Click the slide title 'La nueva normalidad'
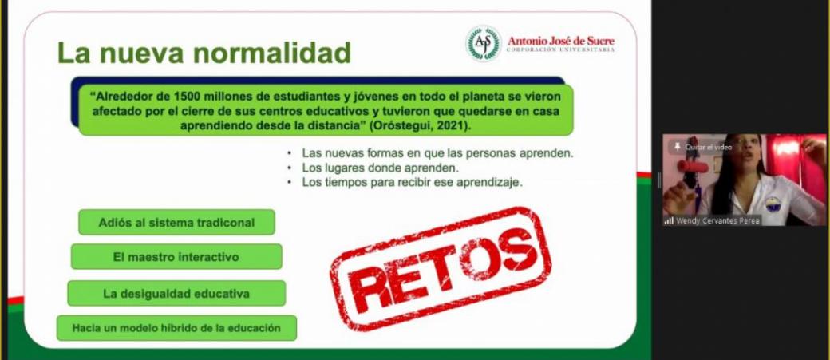point(204,53)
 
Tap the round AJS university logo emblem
point(484,44)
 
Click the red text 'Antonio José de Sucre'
point(561,40)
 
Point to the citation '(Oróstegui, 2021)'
point(419,126)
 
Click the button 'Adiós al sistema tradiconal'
point(177,223)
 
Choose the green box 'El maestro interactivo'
point(176,257)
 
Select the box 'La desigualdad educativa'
point(176,293)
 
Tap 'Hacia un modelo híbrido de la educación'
point(176,328)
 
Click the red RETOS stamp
point(441,268)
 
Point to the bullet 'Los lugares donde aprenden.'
point(380,168)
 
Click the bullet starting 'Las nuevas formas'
point(438,153)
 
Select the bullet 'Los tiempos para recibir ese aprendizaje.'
point(413,182)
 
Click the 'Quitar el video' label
point(708,147)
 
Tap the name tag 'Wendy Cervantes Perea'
point(717,221)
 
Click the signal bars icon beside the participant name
point(669,221)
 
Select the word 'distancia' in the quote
point(341,126)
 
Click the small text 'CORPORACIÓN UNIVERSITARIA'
point(560,49)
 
